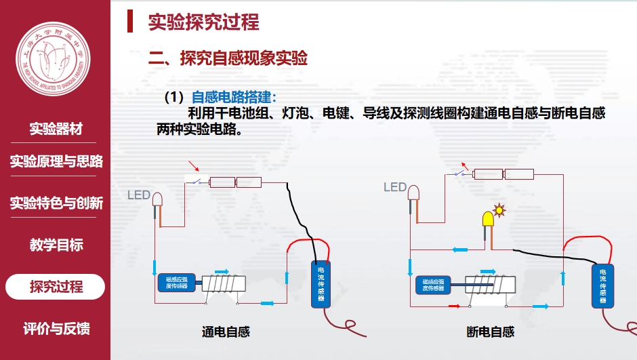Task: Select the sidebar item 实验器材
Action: (x=56, y=129)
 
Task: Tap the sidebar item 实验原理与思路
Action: (x=56, y=161)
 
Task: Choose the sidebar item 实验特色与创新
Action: (x=56, y=203)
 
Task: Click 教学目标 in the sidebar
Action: (x=56, y=245)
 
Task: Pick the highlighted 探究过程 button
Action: (x=56, y=287)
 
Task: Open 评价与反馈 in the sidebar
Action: (x=56, y=329)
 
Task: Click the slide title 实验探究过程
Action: (x=203, y=22)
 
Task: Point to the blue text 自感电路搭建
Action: (x=234, y=97)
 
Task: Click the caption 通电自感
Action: (x=226, y=332)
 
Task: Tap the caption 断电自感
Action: (x=490, y=332)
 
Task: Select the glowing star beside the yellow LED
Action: (x=500, y=209)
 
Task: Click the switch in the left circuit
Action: (x=197, y=181)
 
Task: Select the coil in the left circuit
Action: (x=223, y=284)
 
